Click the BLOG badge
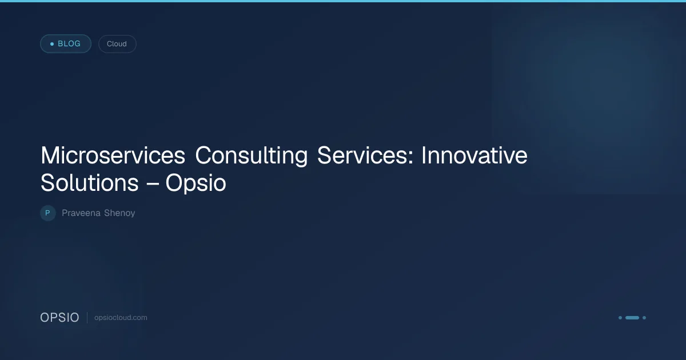pos(66,44)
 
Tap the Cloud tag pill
pos(117,44)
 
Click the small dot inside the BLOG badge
pos(52,44)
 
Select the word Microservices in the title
pos(113,155)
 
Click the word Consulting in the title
pos(251,156)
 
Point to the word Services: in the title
pos(365,155)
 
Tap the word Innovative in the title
pos(474,155)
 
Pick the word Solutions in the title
pos(89,183)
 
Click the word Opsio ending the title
pos(196,183)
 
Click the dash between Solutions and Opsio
pos(152,184)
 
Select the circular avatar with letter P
pos(48,213)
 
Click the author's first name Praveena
pos(81,213)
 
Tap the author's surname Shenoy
pos(119,213)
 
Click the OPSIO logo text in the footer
pos(59,318)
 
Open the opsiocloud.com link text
pos(121,318)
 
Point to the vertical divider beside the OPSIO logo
pos(87,318)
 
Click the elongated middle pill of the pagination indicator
pos(632,318)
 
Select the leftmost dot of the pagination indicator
pos(620,318)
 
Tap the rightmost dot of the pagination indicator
pos(644,318)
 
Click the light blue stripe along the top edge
pos(343,1)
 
